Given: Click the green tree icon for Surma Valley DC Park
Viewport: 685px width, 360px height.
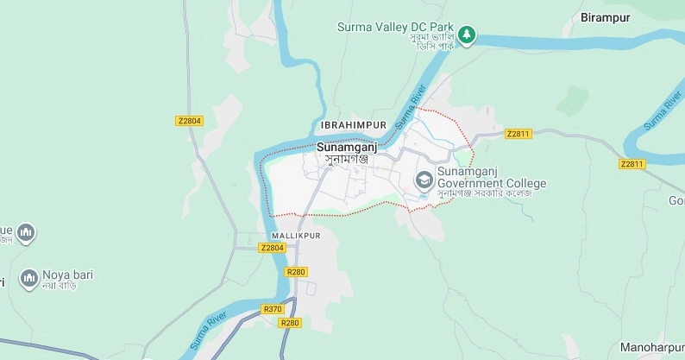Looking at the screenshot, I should (x=467, y=35).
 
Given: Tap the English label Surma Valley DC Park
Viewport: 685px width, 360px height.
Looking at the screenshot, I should (x=395, y=27).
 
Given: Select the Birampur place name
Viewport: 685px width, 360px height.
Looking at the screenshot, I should (x=606, y=17).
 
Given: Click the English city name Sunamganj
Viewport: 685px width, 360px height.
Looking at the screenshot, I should (x=347, y=147).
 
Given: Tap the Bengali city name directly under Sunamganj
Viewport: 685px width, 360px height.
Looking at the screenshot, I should (x=347, y=160).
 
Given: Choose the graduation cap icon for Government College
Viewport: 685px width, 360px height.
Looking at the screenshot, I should (x=424, y=180).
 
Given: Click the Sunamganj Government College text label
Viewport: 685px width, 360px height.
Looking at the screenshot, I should (x=492, y=177).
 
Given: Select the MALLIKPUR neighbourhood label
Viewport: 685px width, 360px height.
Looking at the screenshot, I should (x=296, y=236).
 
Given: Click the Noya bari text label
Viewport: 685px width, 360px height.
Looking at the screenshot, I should (x=68, y=275).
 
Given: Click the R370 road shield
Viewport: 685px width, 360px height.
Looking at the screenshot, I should (x=273, y=309).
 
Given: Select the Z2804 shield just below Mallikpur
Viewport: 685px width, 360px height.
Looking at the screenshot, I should (x=272, y=248).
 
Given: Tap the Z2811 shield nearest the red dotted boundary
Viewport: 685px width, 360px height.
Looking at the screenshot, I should (x=518, y=134).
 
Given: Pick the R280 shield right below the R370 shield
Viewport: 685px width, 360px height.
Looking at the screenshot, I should (x=290, y=323).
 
